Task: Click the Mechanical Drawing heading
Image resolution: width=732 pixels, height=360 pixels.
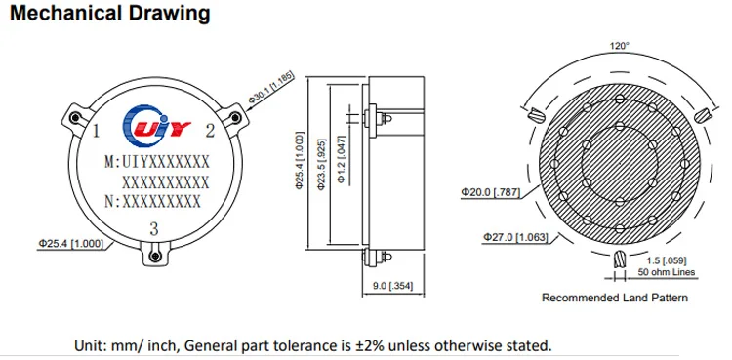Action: (x=110, y=14)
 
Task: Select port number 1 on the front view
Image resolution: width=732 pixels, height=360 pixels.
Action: (x=97, y=131)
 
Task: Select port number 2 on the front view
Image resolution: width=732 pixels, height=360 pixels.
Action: (x=210, y=131)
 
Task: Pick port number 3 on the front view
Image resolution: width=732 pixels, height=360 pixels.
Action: (x=154, y=229)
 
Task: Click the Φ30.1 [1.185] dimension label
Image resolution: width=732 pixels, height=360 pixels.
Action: (x=271, y=87)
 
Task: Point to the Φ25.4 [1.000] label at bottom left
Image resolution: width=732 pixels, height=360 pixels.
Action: (x=71, y=243)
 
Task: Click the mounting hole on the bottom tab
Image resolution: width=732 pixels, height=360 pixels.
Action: (x=155, y=256)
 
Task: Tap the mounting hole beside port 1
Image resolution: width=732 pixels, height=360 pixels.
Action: (x=74, y=118)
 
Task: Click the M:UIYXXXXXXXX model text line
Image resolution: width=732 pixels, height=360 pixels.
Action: (x=157, y=162)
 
